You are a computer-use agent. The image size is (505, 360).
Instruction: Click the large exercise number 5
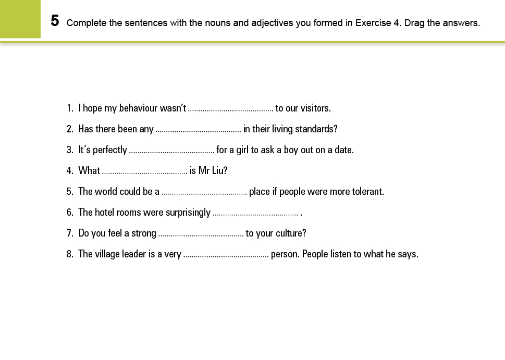tap(55, 21)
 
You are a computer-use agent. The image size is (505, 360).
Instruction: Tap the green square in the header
tap(20, 19)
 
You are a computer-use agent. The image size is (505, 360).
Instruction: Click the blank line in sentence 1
tap(230, 109)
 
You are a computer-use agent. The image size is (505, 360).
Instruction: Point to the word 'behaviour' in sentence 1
tap(138, 108)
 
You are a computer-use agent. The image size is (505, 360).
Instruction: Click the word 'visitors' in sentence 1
tap(315, 108)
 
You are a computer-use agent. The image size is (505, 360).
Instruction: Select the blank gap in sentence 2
tap(198, 130)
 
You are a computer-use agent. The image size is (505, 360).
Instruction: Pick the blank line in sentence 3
tap(171, 151)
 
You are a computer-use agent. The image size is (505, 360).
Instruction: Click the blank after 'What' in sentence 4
tap(144, 171)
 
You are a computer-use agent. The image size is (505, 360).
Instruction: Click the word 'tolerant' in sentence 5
tap(367, 192)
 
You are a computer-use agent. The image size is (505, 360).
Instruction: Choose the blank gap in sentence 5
tap(204, 192)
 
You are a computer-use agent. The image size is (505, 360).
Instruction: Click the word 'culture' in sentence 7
tap(291, 233)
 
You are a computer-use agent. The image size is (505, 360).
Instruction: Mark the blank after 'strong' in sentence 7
tap(201, 234)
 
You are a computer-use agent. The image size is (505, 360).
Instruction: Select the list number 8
tap(69, 254)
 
